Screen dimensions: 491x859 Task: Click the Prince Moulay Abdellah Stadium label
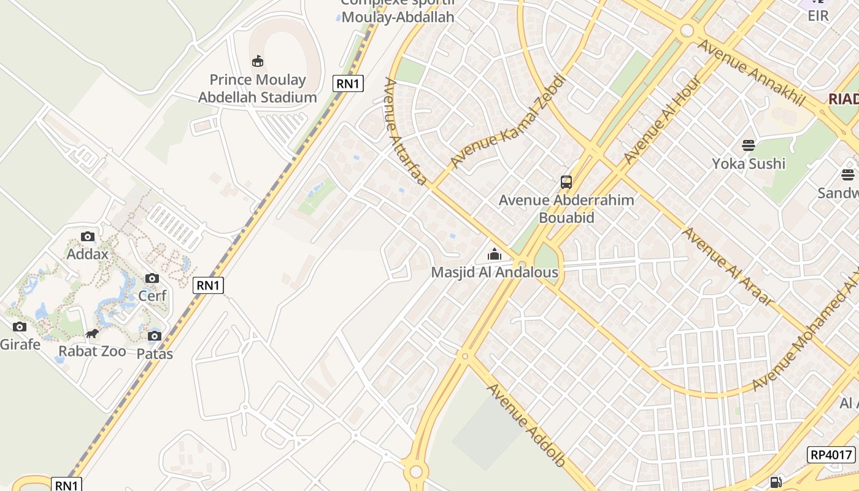[x=257, y=88]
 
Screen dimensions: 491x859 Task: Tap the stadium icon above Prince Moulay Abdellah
[x=258, y=61]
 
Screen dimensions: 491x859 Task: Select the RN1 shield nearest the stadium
[x=348, y=83]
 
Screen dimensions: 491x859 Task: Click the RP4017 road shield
[x=831, y=455]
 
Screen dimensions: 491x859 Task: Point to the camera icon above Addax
[x=88, y=237]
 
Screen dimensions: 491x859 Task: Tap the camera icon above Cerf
[x=152, y=279]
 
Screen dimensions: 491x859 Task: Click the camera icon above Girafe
[x=20, y=327]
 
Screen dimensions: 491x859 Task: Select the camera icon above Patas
[x=155, y=336]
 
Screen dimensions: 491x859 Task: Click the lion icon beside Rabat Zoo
[x=92, y=334]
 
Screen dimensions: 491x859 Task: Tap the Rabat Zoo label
[x=92, y=351]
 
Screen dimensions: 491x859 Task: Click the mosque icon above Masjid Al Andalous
[x=495, y=253]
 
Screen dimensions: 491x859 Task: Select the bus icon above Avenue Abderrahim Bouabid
[x=566, y=182]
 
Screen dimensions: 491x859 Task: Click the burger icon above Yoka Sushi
[x=749, y=145]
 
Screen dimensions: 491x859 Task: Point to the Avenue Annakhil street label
[x=750, y=72]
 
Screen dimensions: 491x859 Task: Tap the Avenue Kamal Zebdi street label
[x=507, y=121]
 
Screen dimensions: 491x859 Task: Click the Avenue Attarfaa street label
[x=405, y=131]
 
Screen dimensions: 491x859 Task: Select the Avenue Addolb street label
[x=526, y=425]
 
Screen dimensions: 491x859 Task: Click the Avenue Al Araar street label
[x=728, y=266]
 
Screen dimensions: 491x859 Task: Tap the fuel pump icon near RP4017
[x=776, y=482]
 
